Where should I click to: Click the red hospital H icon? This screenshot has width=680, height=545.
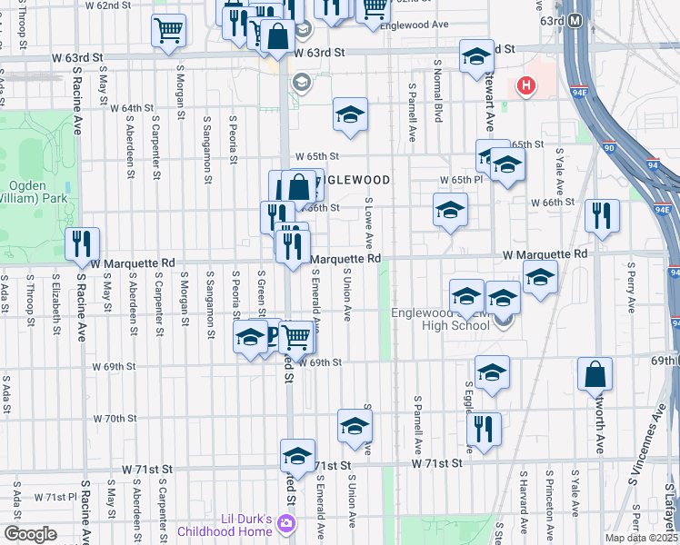click(x=525, y=87)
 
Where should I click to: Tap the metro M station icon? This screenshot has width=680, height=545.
click(x=575, y=20)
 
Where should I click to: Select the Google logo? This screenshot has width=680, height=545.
click(x=30, y=534)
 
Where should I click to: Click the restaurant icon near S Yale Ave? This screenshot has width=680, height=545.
click(x=602, y=215)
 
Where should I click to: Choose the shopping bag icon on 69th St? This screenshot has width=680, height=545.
click(x=594, y=373)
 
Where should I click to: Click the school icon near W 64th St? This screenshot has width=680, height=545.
click(x=350, y=114)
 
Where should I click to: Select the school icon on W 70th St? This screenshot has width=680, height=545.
click(x=355, y=424)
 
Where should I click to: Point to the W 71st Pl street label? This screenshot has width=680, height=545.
click(x=55, y=497)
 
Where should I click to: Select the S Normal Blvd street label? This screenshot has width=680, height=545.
click(x=438, y=101)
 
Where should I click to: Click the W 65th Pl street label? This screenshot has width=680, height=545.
click(x=460, y=181)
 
